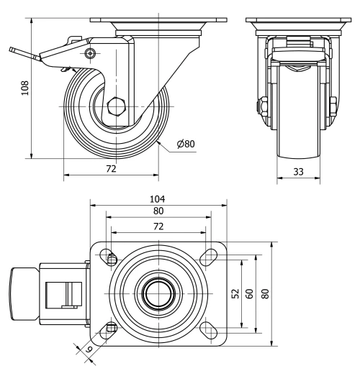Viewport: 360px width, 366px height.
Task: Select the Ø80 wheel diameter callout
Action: (186, 144)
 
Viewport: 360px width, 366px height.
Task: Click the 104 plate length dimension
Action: (158, 198)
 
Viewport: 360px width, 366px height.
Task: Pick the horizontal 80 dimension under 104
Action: (158, 211)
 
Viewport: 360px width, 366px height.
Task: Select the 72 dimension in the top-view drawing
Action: (158, 226)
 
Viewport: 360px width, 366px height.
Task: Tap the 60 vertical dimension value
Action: (250, 293)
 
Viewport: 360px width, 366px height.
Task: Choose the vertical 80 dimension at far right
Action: (265, 293)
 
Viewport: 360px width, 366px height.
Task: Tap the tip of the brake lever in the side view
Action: (13, 51)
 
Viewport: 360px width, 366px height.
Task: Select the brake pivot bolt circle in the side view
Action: (89, 54)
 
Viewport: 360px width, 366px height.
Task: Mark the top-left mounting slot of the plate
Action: (110, 257)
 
